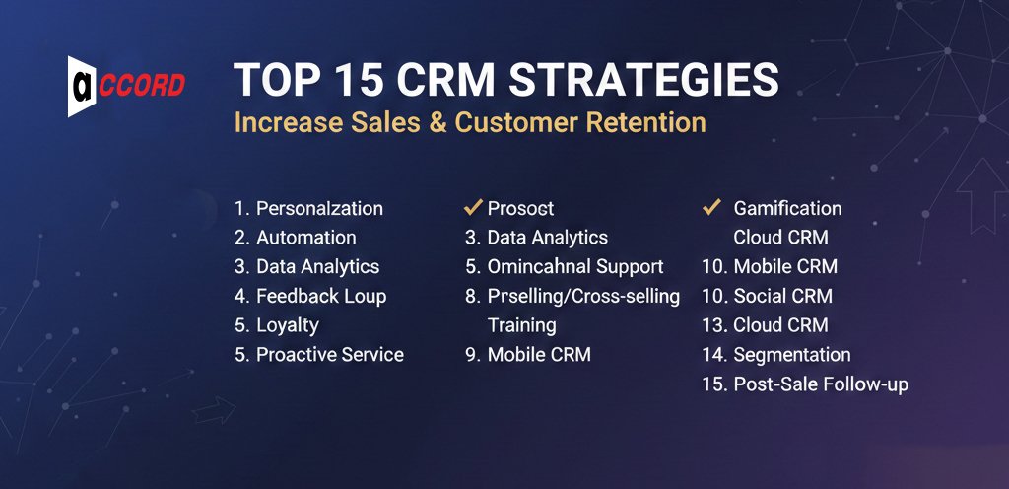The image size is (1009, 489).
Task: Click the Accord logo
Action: click(x=125, y=86)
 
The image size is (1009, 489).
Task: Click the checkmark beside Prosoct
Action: click(x=472, y=207)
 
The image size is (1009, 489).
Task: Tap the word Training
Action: click(x=521, y=325)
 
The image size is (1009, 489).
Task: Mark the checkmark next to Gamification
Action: click(x=709, y=207)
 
